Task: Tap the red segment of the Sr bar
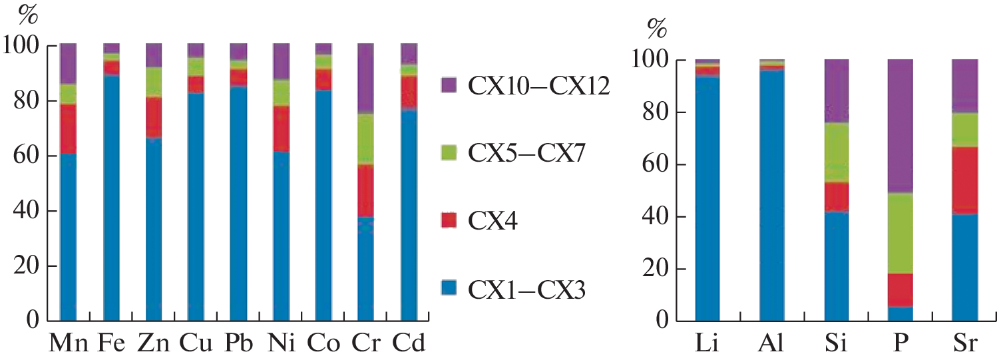coord(965,180)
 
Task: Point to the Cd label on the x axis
coord(408,343)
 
